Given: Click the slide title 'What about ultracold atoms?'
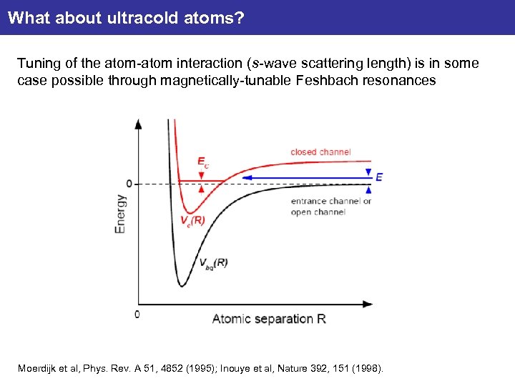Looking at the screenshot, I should coord(126,17).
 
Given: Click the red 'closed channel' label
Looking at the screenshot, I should coord(320,152).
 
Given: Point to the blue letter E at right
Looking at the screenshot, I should coord(378,177).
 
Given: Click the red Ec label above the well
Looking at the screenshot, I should coord(203,164).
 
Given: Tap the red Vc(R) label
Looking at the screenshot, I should coord(192,221).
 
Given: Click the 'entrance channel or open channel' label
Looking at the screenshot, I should coord(330,207).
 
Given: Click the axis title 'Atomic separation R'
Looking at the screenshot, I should coord(269,319).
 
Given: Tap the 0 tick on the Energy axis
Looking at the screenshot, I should coord(129,184).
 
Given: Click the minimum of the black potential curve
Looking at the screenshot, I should coord(182,286).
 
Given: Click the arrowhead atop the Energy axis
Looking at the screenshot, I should coord(138,123).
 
